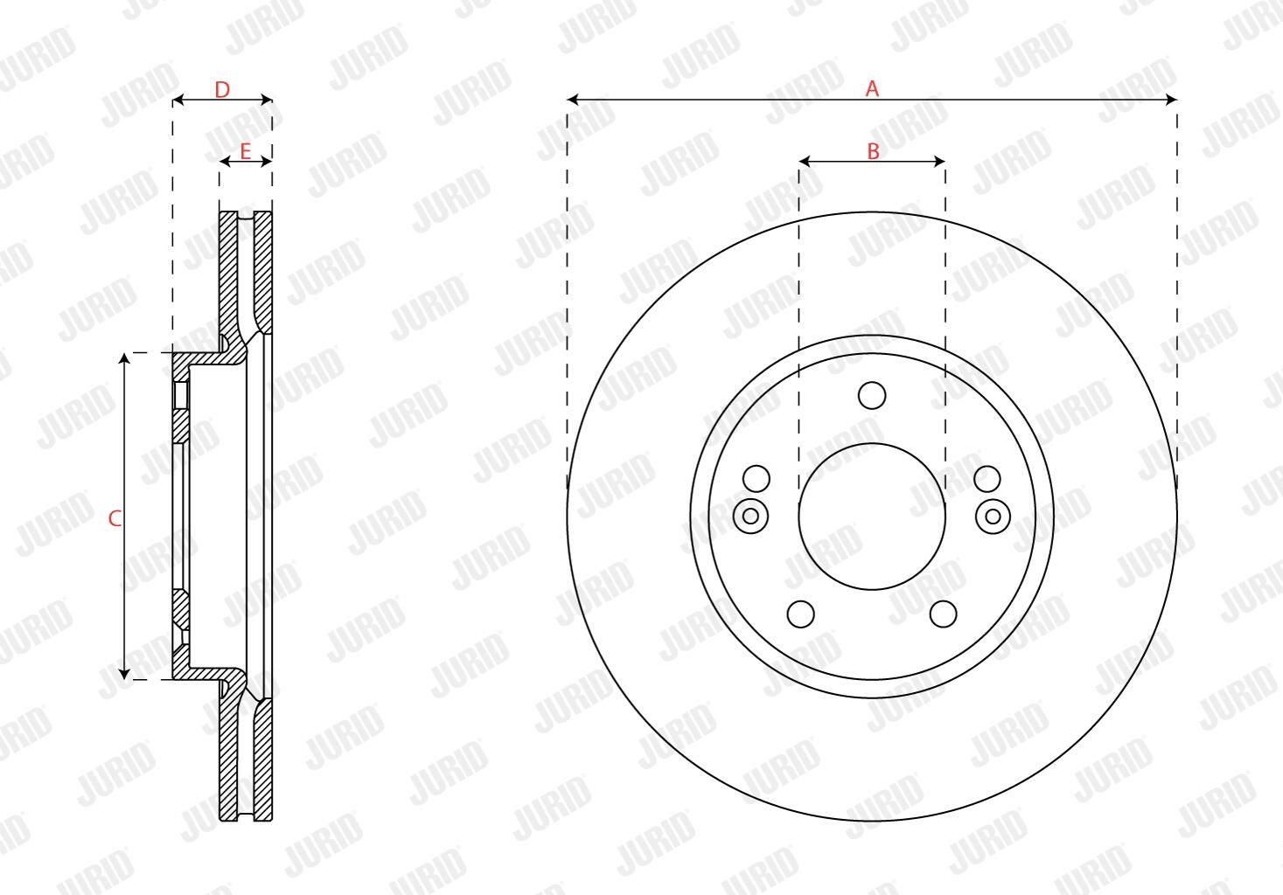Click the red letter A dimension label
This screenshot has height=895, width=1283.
[x=872, y=88]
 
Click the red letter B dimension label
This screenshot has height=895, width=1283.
[x=873, y=151]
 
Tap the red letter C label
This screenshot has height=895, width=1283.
[x=115, y=518]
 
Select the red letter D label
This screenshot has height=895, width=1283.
[x=222, y=90]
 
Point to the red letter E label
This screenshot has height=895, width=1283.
[x=245, y=151]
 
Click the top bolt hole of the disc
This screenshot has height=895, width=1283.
[x=872, y=395]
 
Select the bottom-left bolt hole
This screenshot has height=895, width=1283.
[x=801, y=614]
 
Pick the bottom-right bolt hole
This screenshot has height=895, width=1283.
[x=943, y=614]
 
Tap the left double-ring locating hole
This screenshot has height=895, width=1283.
[x=750, y=517]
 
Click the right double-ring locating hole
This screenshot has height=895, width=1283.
[x=993, y=517]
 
